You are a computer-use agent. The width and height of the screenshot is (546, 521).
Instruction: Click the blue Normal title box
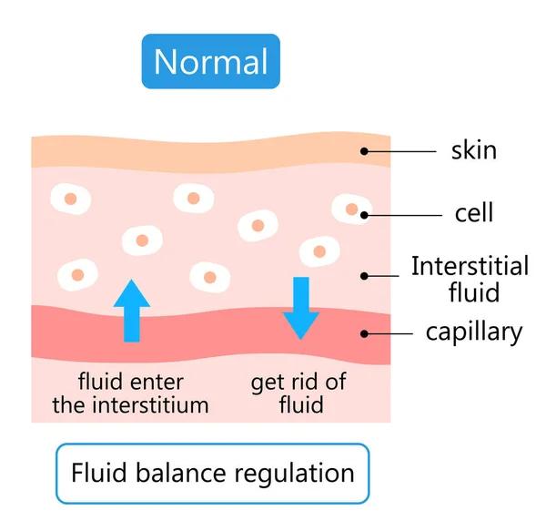[210, 62]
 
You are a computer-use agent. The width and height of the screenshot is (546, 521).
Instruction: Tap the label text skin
[474, 149]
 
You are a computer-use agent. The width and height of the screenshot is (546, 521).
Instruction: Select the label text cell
[473, 213]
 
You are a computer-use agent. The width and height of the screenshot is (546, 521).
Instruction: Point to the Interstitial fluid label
[469, 279]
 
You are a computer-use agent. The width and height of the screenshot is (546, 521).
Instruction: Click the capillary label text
[474, 332]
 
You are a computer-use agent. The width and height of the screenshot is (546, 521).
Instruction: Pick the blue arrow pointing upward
[132, 311]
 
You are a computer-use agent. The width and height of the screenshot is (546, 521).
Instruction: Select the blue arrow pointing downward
[300, 308]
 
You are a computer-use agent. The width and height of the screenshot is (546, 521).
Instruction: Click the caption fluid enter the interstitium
[130, 393]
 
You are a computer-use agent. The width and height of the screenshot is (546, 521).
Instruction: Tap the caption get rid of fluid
[298, 393]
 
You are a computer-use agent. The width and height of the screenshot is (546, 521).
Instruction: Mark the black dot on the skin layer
[364, 150]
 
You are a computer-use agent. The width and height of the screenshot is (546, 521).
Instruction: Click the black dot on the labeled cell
[364, 215]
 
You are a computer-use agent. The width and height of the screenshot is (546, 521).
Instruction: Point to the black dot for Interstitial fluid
[364, 274]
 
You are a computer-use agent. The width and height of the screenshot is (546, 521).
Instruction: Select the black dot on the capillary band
[364, 333]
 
